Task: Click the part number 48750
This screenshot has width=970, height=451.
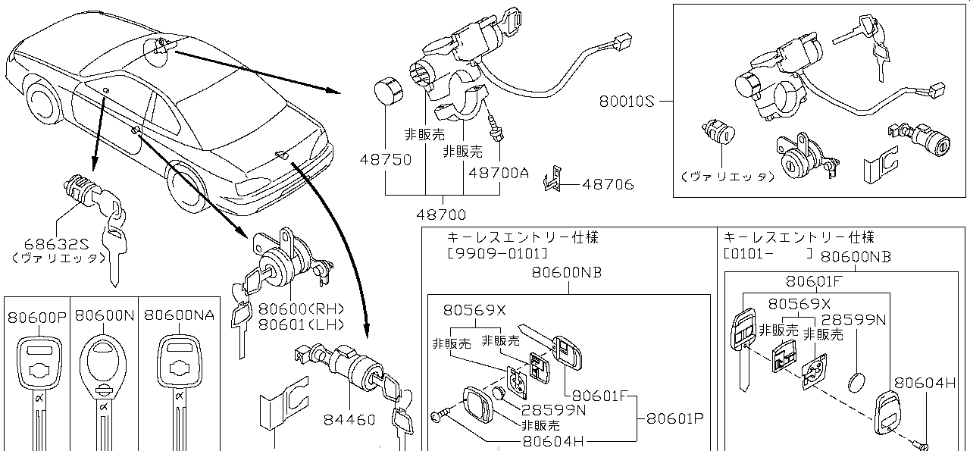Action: (386, 160)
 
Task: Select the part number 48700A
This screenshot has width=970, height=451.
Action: (498, 172)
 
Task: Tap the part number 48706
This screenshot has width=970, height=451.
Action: (609, 184)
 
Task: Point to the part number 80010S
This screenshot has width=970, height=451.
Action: (625, 100)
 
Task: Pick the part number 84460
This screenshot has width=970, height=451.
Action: (350, 419)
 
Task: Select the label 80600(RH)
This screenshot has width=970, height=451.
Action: (301, 309)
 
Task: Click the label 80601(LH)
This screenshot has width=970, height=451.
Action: (301, 324)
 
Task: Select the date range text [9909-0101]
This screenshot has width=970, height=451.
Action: (496, 252)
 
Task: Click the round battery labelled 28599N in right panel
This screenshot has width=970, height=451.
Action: (856, 381)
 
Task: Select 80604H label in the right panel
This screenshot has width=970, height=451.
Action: (924, 384)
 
